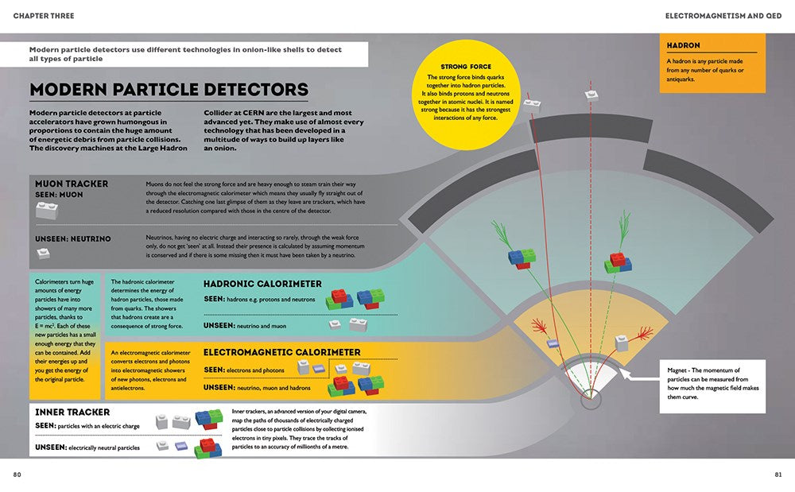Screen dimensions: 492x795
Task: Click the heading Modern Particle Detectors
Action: pos(169,90)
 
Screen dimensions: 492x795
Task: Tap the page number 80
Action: pos(17,475)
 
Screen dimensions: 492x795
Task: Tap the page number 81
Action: pos(778,475)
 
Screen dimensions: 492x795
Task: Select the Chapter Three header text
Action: pos(45,16)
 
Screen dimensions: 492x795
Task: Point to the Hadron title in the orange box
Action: pos(683,45)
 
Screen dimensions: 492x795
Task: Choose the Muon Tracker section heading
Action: pos(72,184)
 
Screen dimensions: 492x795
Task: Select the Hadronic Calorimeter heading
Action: pos(262,284)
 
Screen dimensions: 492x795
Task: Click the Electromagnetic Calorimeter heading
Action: pos(281,352)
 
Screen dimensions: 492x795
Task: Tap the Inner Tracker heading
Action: pos(72,412)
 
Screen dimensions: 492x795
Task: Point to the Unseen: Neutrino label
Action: pos(73,238)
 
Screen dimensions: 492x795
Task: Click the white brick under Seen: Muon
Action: pos(47,210)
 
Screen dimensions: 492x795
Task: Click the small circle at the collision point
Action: pos(591,400)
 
